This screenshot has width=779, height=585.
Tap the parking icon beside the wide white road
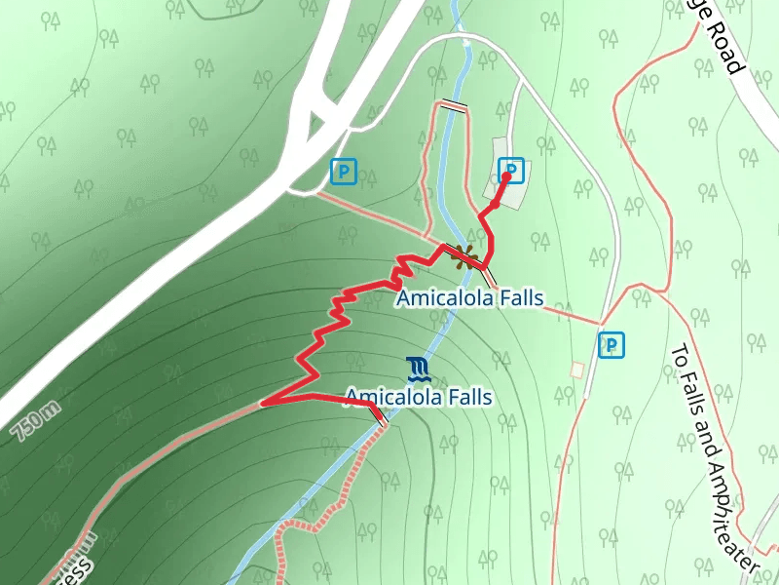[343, 172]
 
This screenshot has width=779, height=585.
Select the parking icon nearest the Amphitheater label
[611, 344]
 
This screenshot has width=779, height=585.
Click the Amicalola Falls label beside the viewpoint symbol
[469, 298]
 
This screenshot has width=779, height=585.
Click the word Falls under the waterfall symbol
[464, 398]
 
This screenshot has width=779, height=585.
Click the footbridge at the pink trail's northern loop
[453, 105]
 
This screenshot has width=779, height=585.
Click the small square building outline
[578, 370]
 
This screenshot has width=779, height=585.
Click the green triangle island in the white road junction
[315, 125]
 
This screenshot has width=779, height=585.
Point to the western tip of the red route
[262, 403]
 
